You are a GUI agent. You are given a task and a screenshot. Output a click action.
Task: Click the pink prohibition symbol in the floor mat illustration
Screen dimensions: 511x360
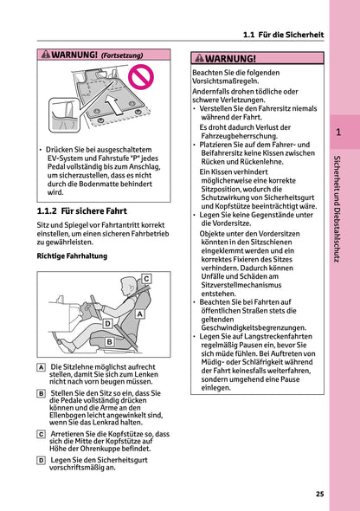click(x=138, y=83)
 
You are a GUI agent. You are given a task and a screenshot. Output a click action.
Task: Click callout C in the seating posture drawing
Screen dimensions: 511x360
click(x=145, y=279)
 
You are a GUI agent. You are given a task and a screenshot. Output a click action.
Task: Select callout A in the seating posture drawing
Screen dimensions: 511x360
click(x=139, y=316)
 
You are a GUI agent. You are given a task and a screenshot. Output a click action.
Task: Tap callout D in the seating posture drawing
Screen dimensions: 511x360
click(x=107, y=323)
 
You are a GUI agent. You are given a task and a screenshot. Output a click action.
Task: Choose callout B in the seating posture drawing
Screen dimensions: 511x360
click(x=109, y=342)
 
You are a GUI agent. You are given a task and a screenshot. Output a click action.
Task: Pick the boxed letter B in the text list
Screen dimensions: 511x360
click(x=42, y=393)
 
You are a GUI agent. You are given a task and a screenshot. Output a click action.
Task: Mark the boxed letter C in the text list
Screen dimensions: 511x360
click(x=42, y=433)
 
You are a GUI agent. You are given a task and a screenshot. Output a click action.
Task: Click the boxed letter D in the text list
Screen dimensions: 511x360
click(x=42, y=459)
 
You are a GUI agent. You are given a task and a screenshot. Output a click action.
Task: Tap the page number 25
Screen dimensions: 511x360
click(x=319, y=494)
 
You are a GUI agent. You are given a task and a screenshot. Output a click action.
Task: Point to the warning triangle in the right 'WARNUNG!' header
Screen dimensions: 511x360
click(x=200, y=58)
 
